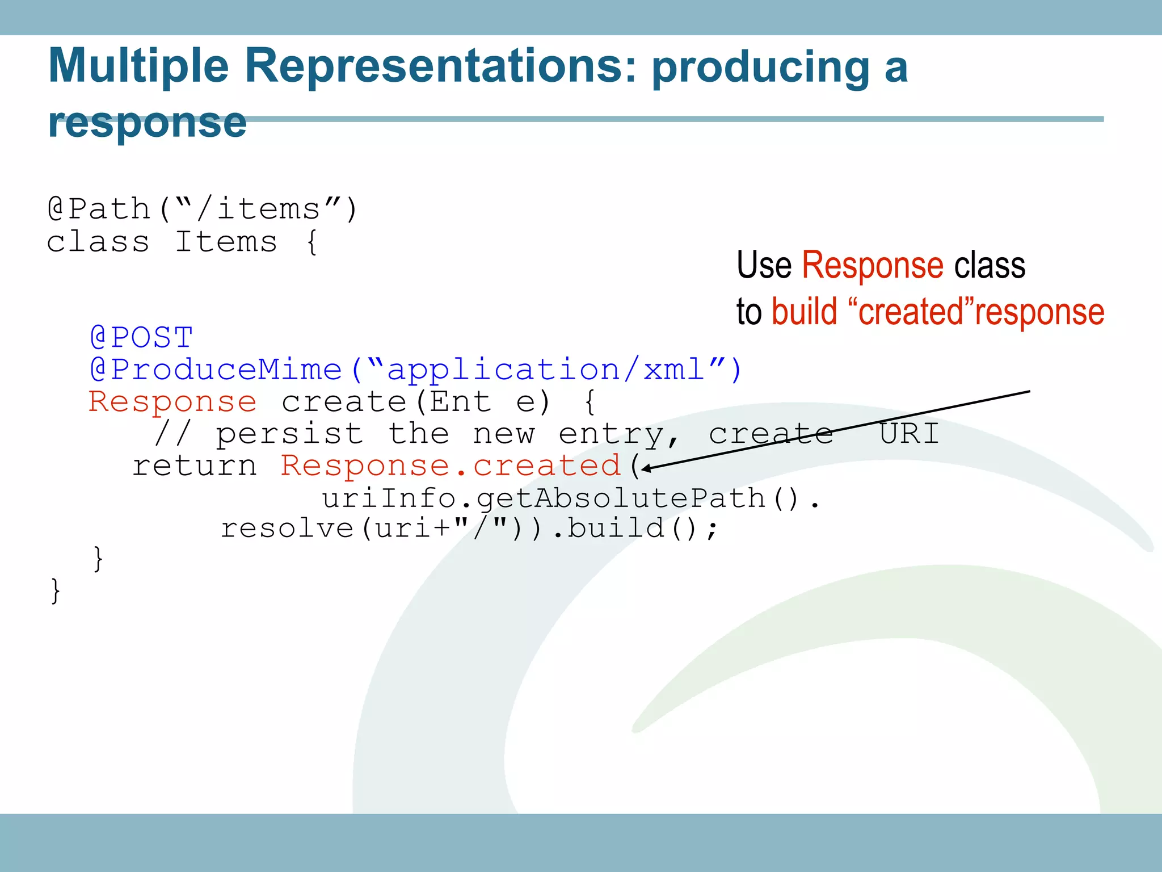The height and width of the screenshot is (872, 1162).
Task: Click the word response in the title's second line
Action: coord(148,123)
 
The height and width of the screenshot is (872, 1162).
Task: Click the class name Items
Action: coord(226,242)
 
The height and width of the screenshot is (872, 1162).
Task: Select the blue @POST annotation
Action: coord(142,338)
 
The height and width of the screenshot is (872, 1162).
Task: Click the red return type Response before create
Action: coord(172,402)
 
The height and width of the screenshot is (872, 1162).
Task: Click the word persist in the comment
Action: coord(289,434)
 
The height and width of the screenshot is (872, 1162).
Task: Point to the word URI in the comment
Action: coord(909,434)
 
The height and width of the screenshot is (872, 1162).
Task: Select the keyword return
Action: coord(195,466)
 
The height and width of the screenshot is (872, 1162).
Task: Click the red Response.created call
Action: coord(451,466)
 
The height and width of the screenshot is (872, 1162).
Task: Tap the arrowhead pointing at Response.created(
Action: coord(646,468)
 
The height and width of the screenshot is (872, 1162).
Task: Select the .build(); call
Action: coord(635,529)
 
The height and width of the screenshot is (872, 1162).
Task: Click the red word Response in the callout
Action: coord(872,265)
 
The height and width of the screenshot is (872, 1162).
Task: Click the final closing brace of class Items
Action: coord(55,590)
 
